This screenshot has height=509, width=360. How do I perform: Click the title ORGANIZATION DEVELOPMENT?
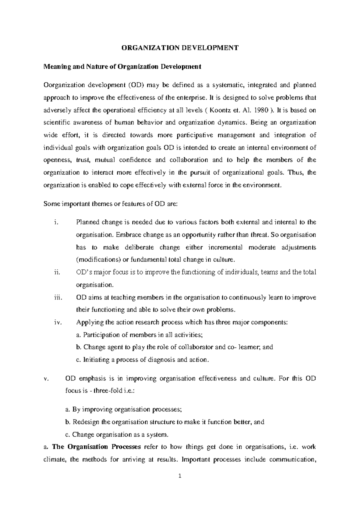tap(180, 48)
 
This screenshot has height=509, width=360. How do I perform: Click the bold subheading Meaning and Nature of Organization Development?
tap(122, 67)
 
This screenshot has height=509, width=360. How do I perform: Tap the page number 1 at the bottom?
tap(180, 476)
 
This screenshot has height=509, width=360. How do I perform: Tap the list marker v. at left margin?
tap(46, 378)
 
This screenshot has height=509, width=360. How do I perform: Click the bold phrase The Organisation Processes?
tap(96, 447)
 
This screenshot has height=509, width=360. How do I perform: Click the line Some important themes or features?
tap(111, 204)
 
